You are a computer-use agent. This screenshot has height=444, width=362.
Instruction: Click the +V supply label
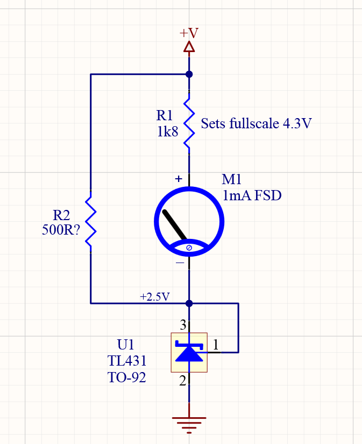pos(189,33)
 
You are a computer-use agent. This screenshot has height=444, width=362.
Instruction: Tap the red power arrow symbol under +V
pos(189,47)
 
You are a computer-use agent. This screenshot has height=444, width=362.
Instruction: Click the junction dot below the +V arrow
pos(189,75)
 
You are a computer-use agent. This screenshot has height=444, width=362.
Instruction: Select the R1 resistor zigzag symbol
pos(189,123)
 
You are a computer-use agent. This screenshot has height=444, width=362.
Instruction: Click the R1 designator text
pos(165,115)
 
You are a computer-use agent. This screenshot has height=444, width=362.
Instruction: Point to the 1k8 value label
pos(167,132)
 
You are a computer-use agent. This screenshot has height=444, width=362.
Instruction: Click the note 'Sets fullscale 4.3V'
pos(256,124)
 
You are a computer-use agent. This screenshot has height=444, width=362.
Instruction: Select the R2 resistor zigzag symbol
pos(90,221)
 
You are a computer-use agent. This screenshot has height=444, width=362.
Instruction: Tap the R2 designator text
pos(61,216)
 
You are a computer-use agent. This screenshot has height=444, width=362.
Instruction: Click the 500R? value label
pos(61,230)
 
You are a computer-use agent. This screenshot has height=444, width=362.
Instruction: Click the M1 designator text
pos(232,180)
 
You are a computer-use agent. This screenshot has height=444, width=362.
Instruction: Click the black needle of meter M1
pos(175,225)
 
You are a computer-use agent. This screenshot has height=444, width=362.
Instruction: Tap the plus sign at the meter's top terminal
pos(179,179)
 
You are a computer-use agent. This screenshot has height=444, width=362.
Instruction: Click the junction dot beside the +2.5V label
pos(189,303)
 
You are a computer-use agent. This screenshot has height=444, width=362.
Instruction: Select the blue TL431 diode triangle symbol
pos(189,352)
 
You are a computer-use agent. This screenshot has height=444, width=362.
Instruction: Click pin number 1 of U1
pos(216,345)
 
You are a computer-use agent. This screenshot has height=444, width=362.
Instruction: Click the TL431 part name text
pos(127,360)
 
